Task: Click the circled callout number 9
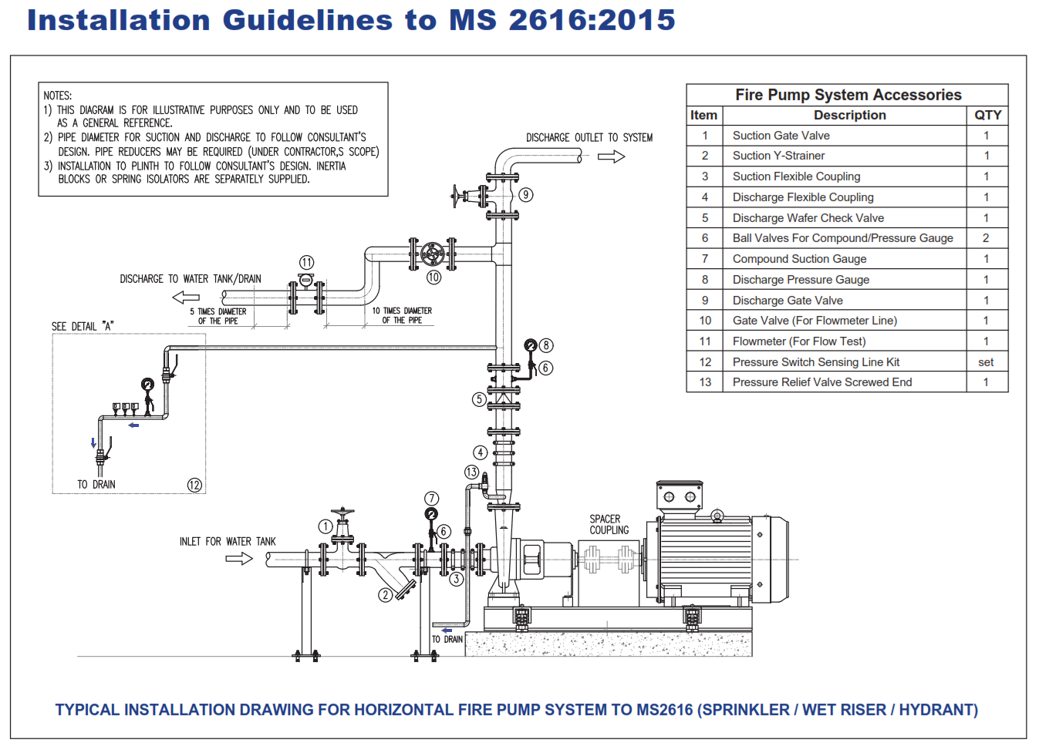click(x=526, y=195)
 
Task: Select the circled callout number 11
click(x=306, y=263)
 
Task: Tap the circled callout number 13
click(x=471, y=472)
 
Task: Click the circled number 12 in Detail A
click(x=194, y=485)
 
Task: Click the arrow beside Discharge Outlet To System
click(x=611, y=156)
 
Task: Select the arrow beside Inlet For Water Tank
click(x=239, y=558)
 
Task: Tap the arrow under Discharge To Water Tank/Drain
click(x=186, y=298)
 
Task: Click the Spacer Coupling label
click(x=609, y=525)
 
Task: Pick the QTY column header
click(x=987, y=115)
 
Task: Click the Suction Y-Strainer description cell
click(x=778, y=156)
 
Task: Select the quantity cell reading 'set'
click(x=986, y=362)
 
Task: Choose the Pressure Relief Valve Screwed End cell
click(x=821, y=382)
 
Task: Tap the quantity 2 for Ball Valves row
click(x=986, y=238)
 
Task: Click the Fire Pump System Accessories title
click(x=848, y=95)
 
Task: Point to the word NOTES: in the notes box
click(x=58, y=96)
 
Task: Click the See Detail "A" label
click(x=83, y=327)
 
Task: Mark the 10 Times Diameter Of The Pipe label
click(x=402, y=315)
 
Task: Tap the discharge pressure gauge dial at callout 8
click(x=531, y=345)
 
